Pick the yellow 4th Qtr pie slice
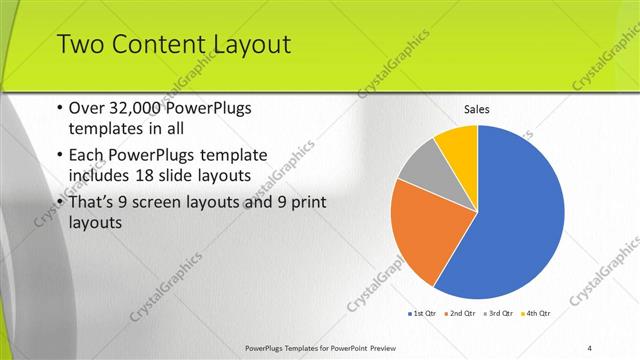[458, 143]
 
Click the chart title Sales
[477, 110]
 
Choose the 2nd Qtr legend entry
[459, 313]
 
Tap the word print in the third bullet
[310, 203]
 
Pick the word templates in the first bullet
[102, 129]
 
